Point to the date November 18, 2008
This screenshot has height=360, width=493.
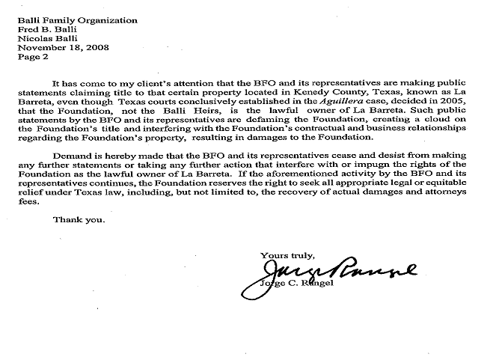pos(63,47)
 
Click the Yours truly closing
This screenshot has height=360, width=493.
pos(287,256)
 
